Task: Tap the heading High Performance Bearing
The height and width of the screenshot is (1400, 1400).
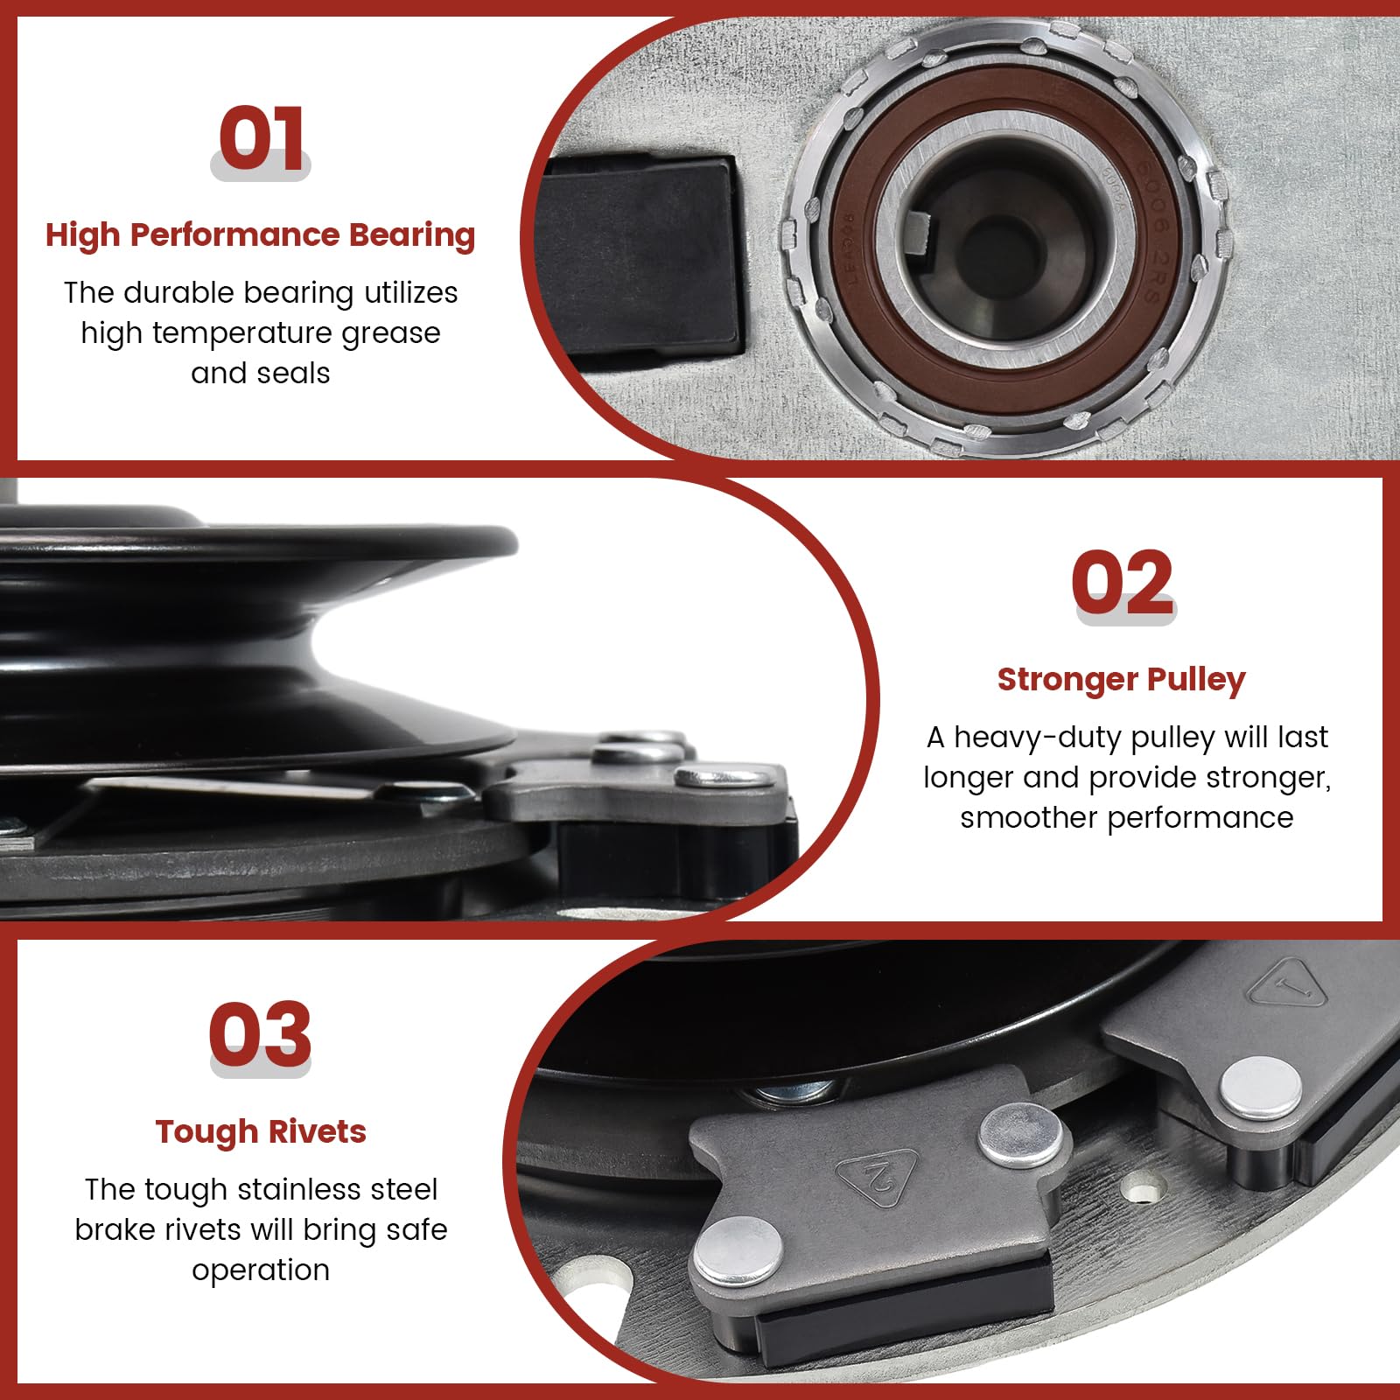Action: [261, 235]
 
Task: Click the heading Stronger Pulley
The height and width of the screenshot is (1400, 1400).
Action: [1121, 679]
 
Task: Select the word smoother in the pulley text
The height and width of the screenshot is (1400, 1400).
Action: [1028, 818]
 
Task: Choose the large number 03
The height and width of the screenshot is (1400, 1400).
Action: [260, 1034]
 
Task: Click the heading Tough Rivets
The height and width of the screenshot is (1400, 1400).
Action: [261, 1131]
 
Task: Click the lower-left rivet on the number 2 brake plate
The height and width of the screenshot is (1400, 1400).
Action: [738, 1250]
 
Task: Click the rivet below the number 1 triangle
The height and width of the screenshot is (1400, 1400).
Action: [1261, 1088]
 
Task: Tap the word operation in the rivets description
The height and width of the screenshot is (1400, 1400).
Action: [261, 1270]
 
